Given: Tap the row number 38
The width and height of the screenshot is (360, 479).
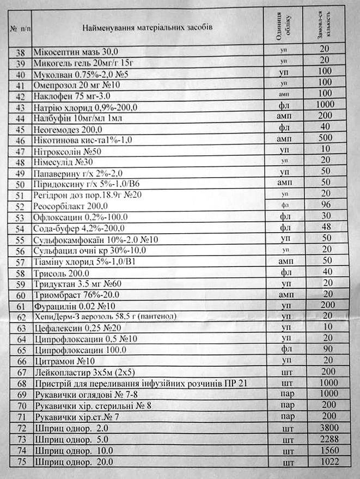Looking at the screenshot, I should tap(21, 53).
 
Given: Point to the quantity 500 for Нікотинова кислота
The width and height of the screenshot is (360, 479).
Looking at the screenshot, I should tap(326, 138).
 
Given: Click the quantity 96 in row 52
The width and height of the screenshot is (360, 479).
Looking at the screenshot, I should tap(326, 205).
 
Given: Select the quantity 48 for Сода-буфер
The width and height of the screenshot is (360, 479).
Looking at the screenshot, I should tap(326, 227).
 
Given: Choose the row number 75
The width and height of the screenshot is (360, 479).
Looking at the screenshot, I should tap(22, 463).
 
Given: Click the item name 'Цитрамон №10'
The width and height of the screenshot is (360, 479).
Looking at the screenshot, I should tap(64, 361).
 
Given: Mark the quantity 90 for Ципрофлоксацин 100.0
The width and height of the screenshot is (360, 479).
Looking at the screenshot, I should tap(327, 349).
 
